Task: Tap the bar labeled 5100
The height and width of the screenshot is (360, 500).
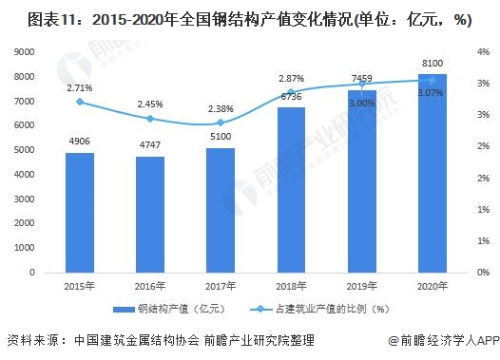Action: click(x=221, y=210)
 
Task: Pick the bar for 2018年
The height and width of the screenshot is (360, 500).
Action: click(x=291, y=190)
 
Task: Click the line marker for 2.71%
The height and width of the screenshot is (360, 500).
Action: click(x=80, y=102)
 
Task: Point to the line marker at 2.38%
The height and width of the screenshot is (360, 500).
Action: click(x=221, y=123)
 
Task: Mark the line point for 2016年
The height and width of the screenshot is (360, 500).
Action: click(x=150, y=119)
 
